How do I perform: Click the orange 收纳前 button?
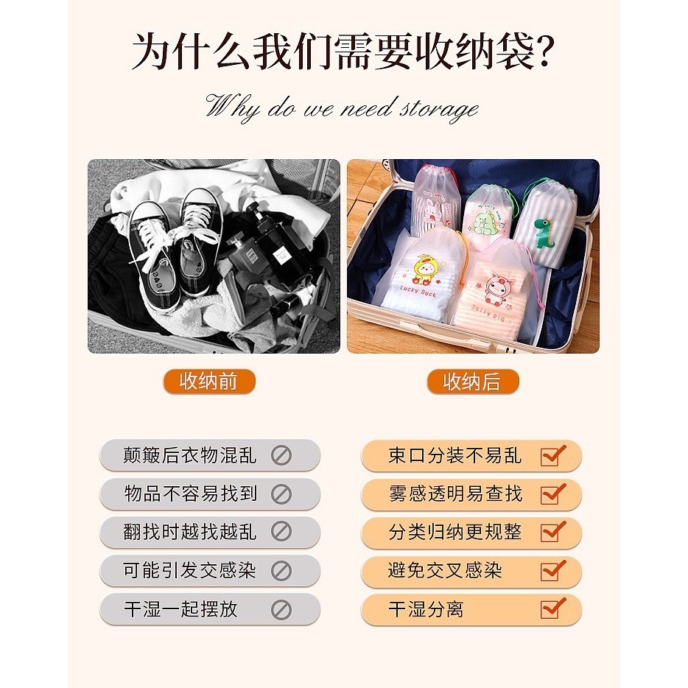[209, 382]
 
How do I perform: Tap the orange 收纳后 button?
[473, 382]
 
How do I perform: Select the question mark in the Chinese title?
[545, 51]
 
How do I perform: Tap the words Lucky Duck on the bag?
[418, 292]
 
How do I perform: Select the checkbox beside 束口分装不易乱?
[552, 456]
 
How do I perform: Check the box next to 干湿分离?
[552, 609]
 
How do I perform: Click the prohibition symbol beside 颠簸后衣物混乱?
[281, 455]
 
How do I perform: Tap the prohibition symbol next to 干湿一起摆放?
[281, 610]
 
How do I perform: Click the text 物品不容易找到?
[191, 494]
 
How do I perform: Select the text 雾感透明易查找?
[455, 494]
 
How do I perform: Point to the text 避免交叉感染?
[445, 570]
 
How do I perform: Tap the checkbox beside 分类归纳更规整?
[552, 533]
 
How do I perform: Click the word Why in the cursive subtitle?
[233, 107]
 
